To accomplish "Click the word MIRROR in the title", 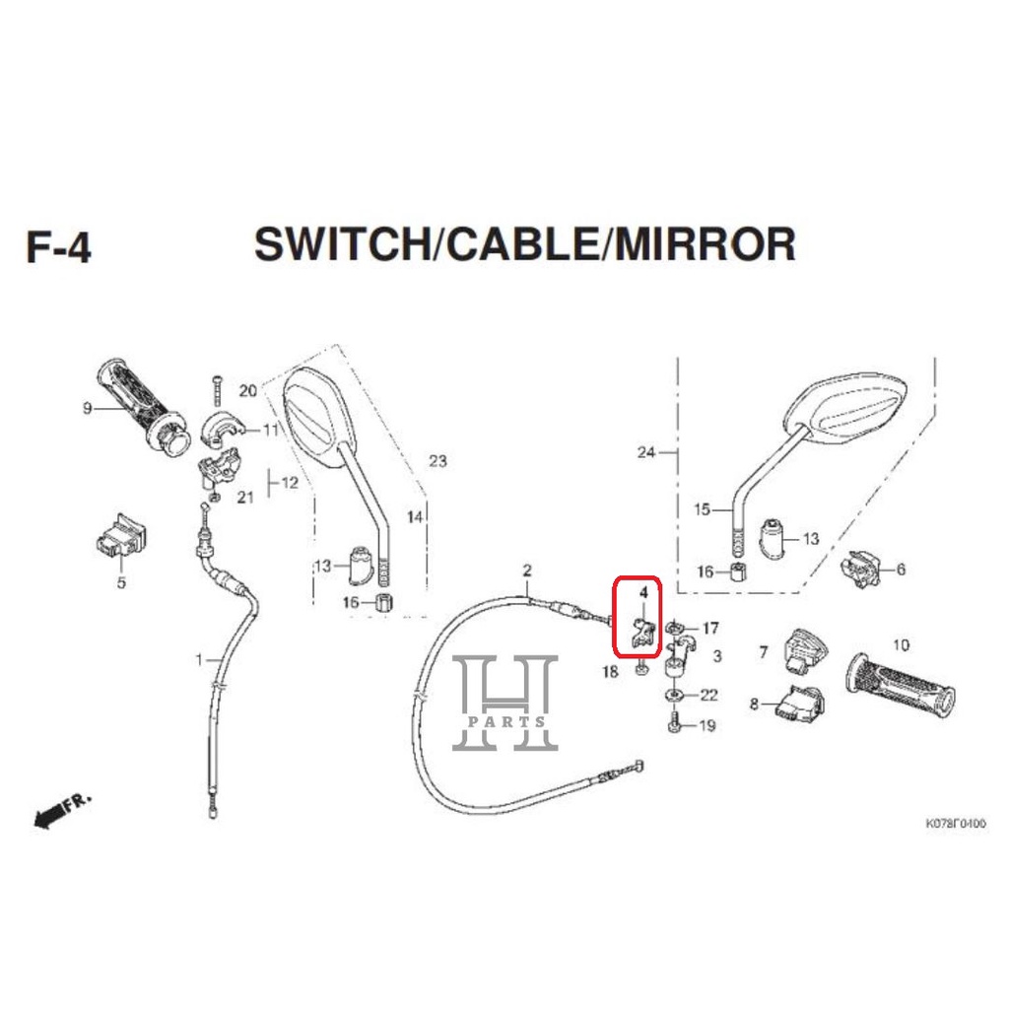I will tap(705, 243).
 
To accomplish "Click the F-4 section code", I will tap(58, 245).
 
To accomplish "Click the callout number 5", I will tap(121, 582).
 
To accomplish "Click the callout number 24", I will tap(646, 453).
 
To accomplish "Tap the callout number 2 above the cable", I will tap(527, 571).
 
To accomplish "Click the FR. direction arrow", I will tap(61, 811).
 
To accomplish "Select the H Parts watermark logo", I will tap(504, 703).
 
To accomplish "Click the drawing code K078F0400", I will tap(954, 823).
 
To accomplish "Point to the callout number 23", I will tap(437, 461).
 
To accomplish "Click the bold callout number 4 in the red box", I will tap(642, 593).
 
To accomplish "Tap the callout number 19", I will tap(707, 727).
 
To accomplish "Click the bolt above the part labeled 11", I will tap(213, 391).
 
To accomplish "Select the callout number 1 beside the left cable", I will tap(199, 658).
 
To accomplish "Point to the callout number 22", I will tap(708, 696).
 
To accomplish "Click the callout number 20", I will tap(247, 391).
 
